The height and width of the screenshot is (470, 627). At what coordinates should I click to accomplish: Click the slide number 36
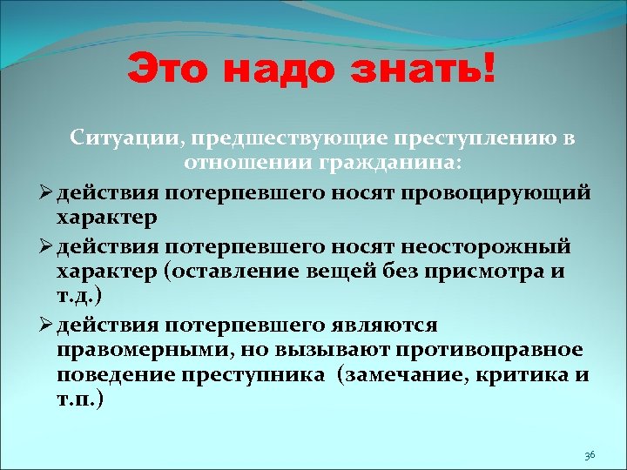click(590, 455)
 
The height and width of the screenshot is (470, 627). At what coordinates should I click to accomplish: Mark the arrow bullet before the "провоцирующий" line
click(44, 191)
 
